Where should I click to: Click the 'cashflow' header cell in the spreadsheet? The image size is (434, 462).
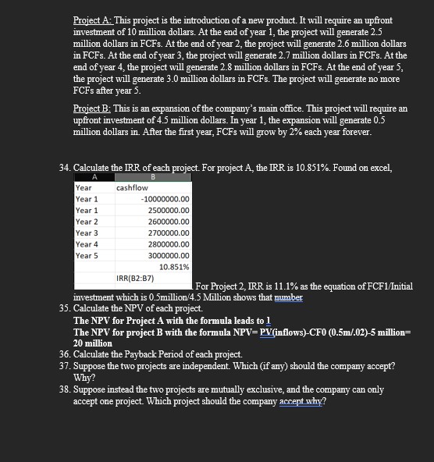pos(132,187)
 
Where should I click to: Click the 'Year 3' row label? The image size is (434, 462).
pos(86,232)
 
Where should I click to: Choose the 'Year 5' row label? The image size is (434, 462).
pos(86,254)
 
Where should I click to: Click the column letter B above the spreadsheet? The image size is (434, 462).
pos(152,177)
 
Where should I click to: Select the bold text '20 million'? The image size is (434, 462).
pos(94,343)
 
